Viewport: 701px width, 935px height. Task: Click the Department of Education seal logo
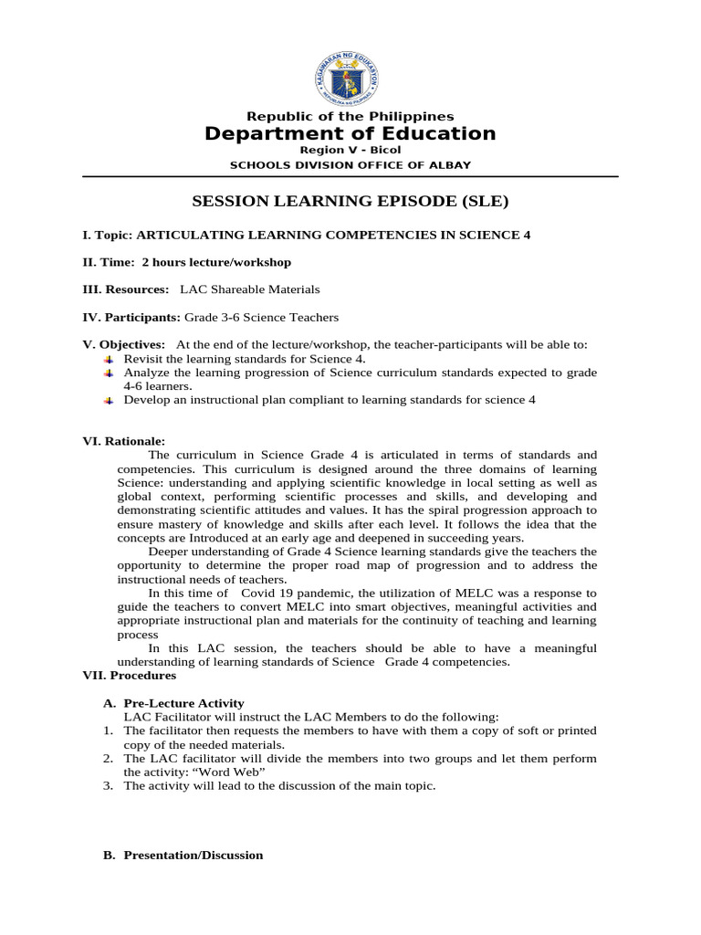coord(350,69)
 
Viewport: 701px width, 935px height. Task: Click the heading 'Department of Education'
coord(350,134)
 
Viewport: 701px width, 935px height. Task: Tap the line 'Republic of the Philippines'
coord(350,116)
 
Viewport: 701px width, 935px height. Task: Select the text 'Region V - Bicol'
coord(350,150)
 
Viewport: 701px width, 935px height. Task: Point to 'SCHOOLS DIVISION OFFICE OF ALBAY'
coord(350,164)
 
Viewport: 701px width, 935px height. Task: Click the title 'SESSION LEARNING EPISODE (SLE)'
coord(350,202)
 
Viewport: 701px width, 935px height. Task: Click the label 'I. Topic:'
coord(108,235)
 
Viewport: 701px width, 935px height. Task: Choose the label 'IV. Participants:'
coord(132,317)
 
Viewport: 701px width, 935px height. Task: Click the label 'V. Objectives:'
coord(124,344)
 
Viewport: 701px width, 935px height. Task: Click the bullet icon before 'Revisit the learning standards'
coord(109,359)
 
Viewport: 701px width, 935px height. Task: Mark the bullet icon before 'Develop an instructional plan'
coord(109,400)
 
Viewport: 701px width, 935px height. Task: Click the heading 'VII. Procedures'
coord(130,676)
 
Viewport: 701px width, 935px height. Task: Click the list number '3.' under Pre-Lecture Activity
coord(107,786)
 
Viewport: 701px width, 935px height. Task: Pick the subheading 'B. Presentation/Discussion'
coord(184,856)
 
